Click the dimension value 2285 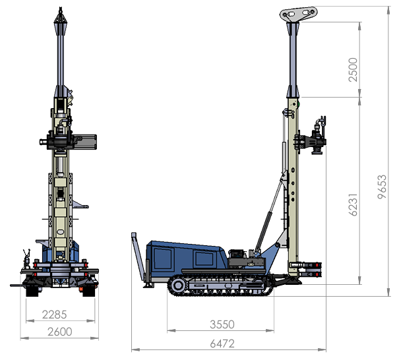[x=55, y=315]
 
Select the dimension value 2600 [x=60, y=332]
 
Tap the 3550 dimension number [x=222, y=324]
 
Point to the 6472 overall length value [x=222, y=344]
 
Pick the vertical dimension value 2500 [x=353, y=70]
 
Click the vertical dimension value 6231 [x=353, y=204]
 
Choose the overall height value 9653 [x=382, y=187]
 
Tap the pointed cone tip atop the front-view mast [x=61, y=16]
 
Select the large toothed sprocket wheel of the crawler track [x=177, y=285]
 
